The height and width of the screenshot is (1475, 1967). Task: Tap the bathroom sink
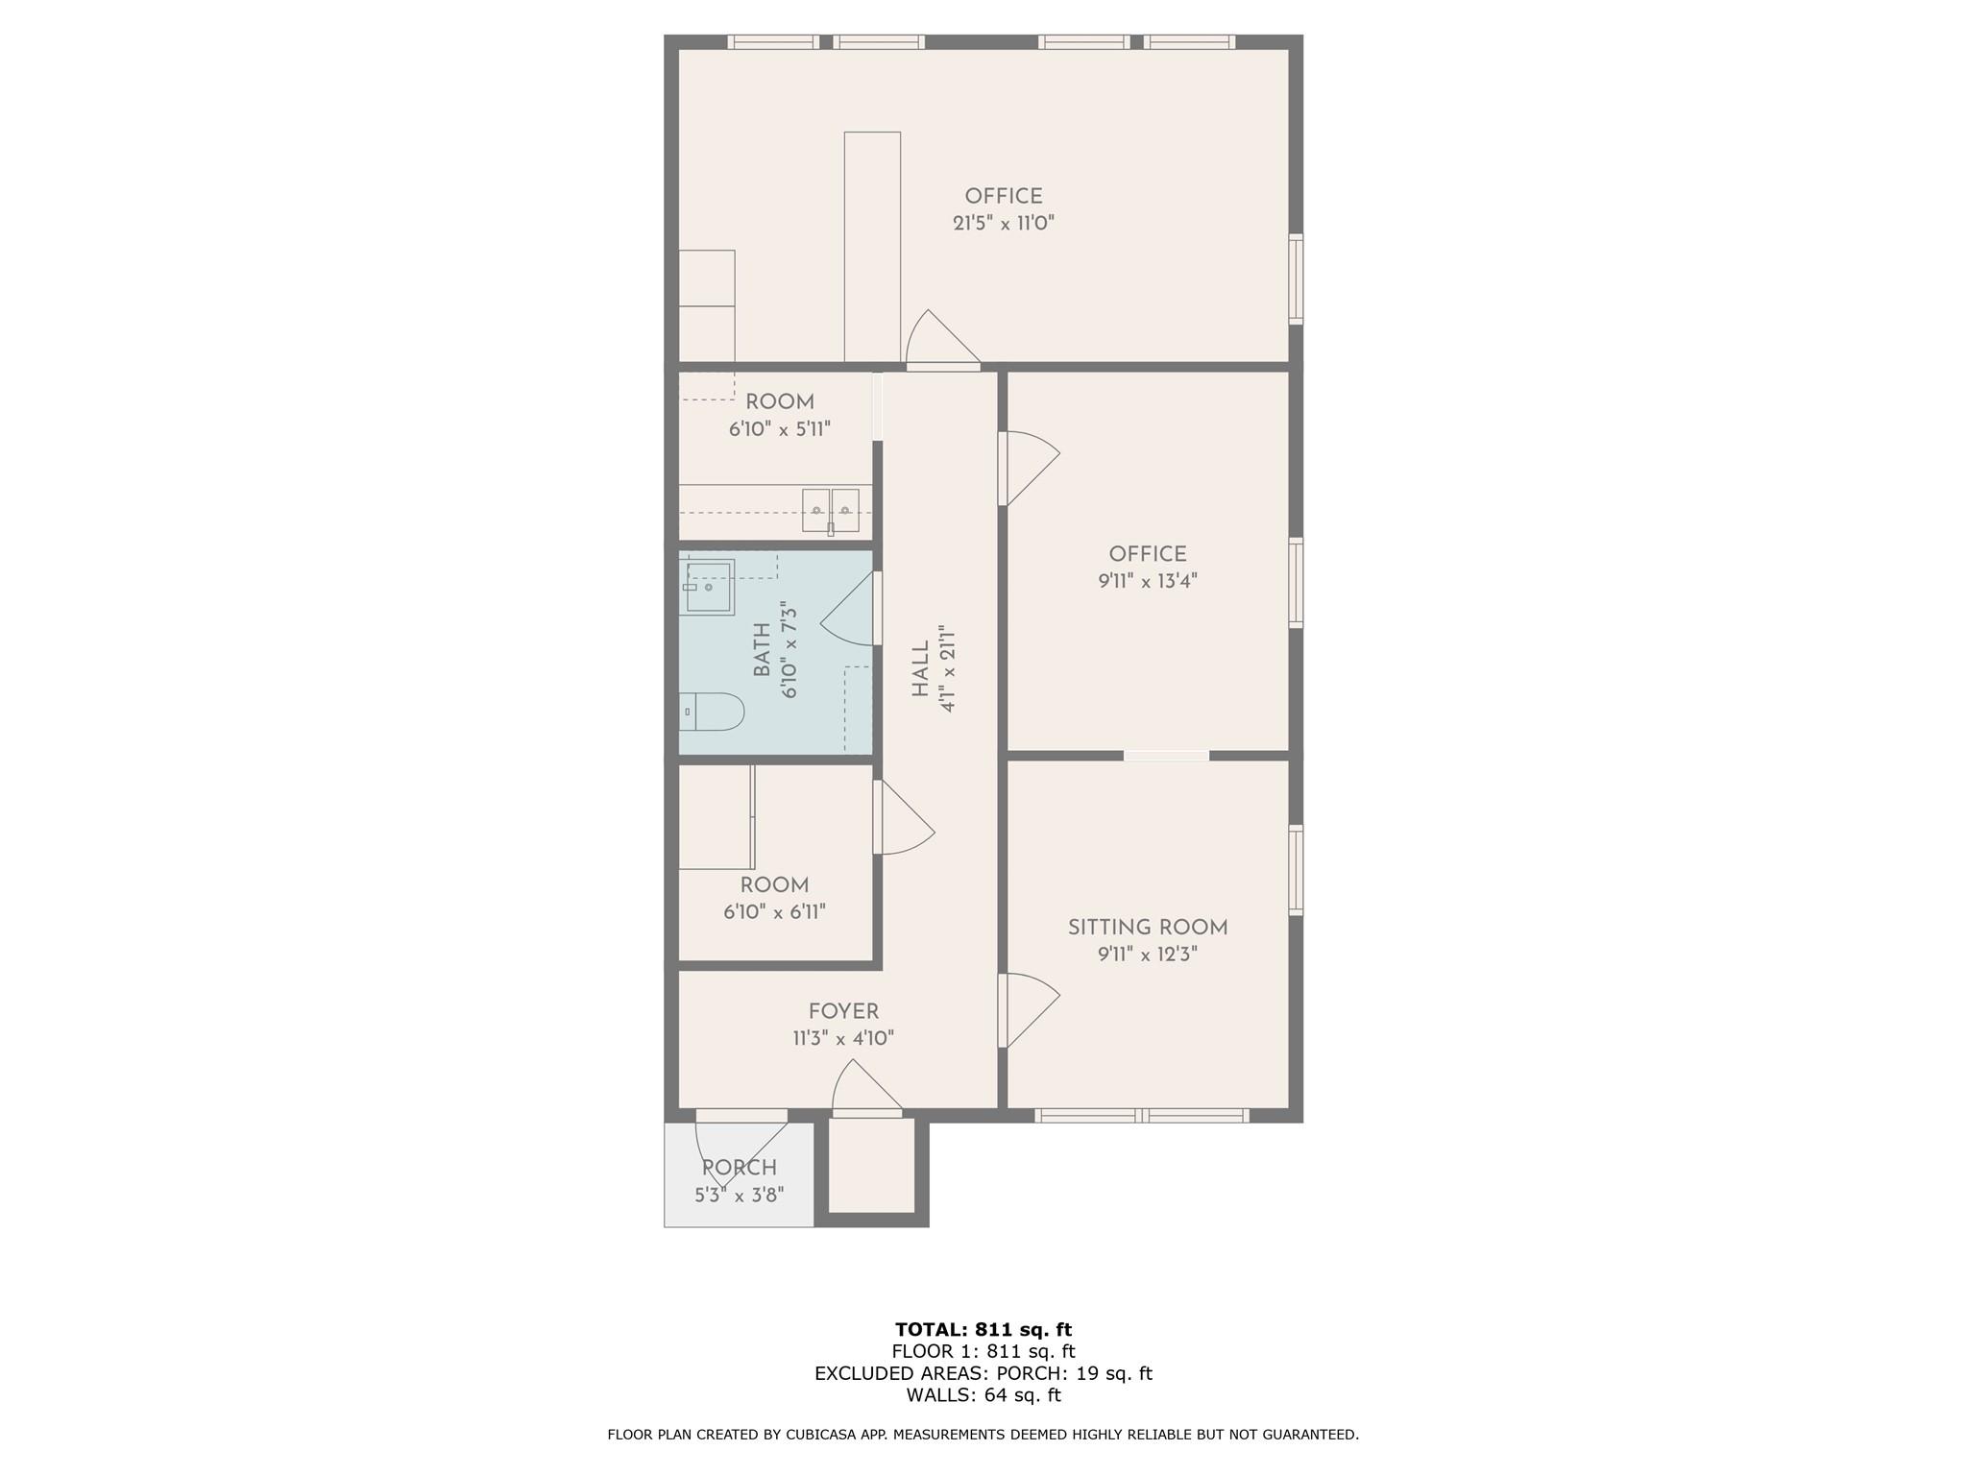coord(710,587)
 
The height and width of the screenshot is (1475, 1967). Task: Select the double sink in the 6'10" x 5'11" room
coord(831,509)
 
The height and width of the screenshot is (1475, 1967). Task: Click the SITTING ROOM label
coord(1148,928)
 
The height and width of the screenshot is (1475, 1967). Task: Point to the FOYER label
coord(843,1011)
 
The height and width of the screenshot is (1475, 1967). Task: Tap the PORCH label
coord(739,1168)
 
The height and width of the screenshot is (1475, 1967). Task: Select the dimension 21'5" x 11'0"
coord(1004,223)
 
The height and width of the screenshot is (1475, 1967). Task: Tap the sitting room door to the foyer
coord(1028,1010)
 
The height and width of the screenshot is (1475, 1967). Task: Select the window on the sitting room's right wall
coord(1296,870)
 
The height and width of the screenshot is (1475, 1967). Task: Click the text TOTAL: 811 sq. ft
coord(983,1329)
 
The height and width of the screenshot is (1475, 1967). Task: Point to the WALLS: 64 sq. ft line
coord(983,1394)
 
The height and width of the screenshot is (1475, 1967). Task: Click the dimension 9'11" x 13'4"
coord(1148,581)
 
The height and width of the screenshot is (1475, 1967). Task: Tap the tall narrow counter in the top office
coord(872,246)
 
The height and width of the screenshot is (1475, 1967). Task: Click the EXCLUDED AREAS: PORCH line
coord(983,1373)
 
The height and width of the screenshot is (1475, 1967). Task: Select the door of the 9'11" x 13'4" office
coord(1028,469)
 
